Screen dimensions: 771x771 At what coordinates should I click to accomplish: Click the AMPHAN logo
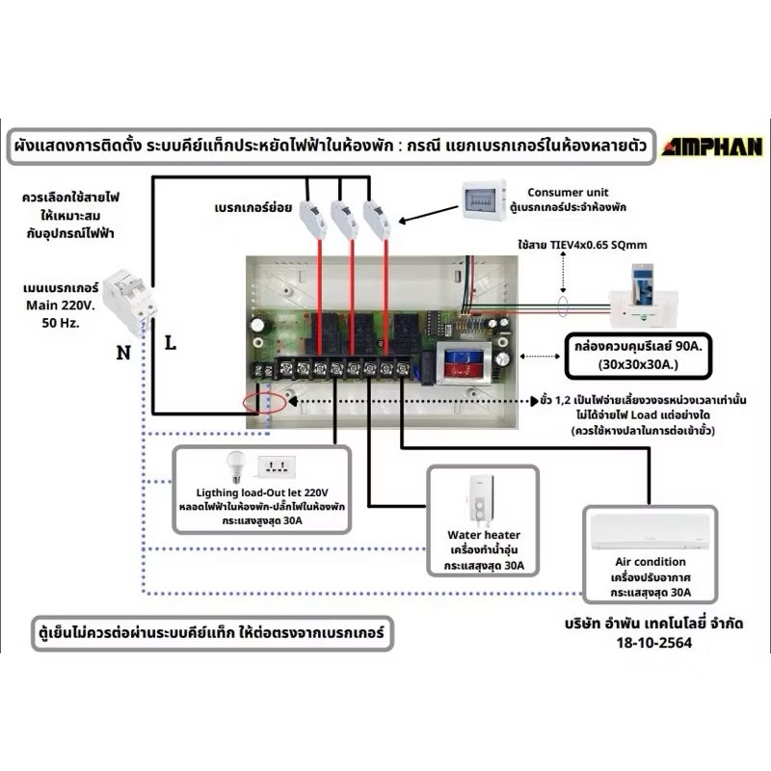point(712,146)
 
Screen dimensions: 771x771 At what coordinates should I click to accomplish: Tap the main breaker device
point(130,301)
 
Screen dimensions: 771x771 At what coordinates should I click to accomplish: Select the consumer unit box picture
point(484,200)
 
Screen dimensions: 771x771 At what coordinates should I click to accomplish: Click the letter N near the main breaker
point(123,353)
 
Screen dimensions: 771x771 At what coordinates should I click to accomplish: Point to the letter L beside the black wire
point(171,343)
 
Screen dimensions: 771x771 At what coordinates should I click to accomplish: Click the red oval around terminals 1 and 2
point(264,403)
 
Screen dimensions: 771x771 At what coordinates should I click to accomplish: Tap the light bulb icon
point(235,466)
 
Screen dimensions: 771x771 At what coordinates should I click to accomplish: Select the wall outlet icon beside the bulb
point(277,466)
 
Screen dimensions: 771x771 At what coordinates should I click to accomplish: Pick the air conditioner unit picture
point(651,532)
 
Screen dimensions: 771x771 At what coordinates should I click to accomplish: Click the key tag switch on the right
point(644,297)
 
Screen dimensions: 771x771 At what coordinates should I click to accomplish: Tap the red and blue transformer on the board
point(465,364)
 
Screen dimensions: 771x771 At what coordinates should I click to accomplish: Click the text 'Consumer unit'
point(568,192)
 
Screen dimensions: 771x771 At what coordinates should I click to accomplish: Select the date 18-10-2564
point(654,642)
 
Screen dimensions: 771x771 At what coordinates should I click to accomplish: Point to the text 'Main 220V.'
point(60,306)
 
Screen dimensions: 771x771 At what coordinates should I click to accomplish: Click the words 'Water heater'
point(484,535)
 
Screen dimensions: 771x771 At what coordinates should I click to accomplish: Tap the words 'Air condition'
point(651,562)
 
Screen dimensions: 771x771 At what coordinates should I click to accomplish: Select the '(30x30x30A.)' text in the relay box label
point(638,364)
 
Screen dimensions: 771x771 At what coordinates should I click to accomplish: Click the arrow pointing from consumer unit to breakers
point(428,214)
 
